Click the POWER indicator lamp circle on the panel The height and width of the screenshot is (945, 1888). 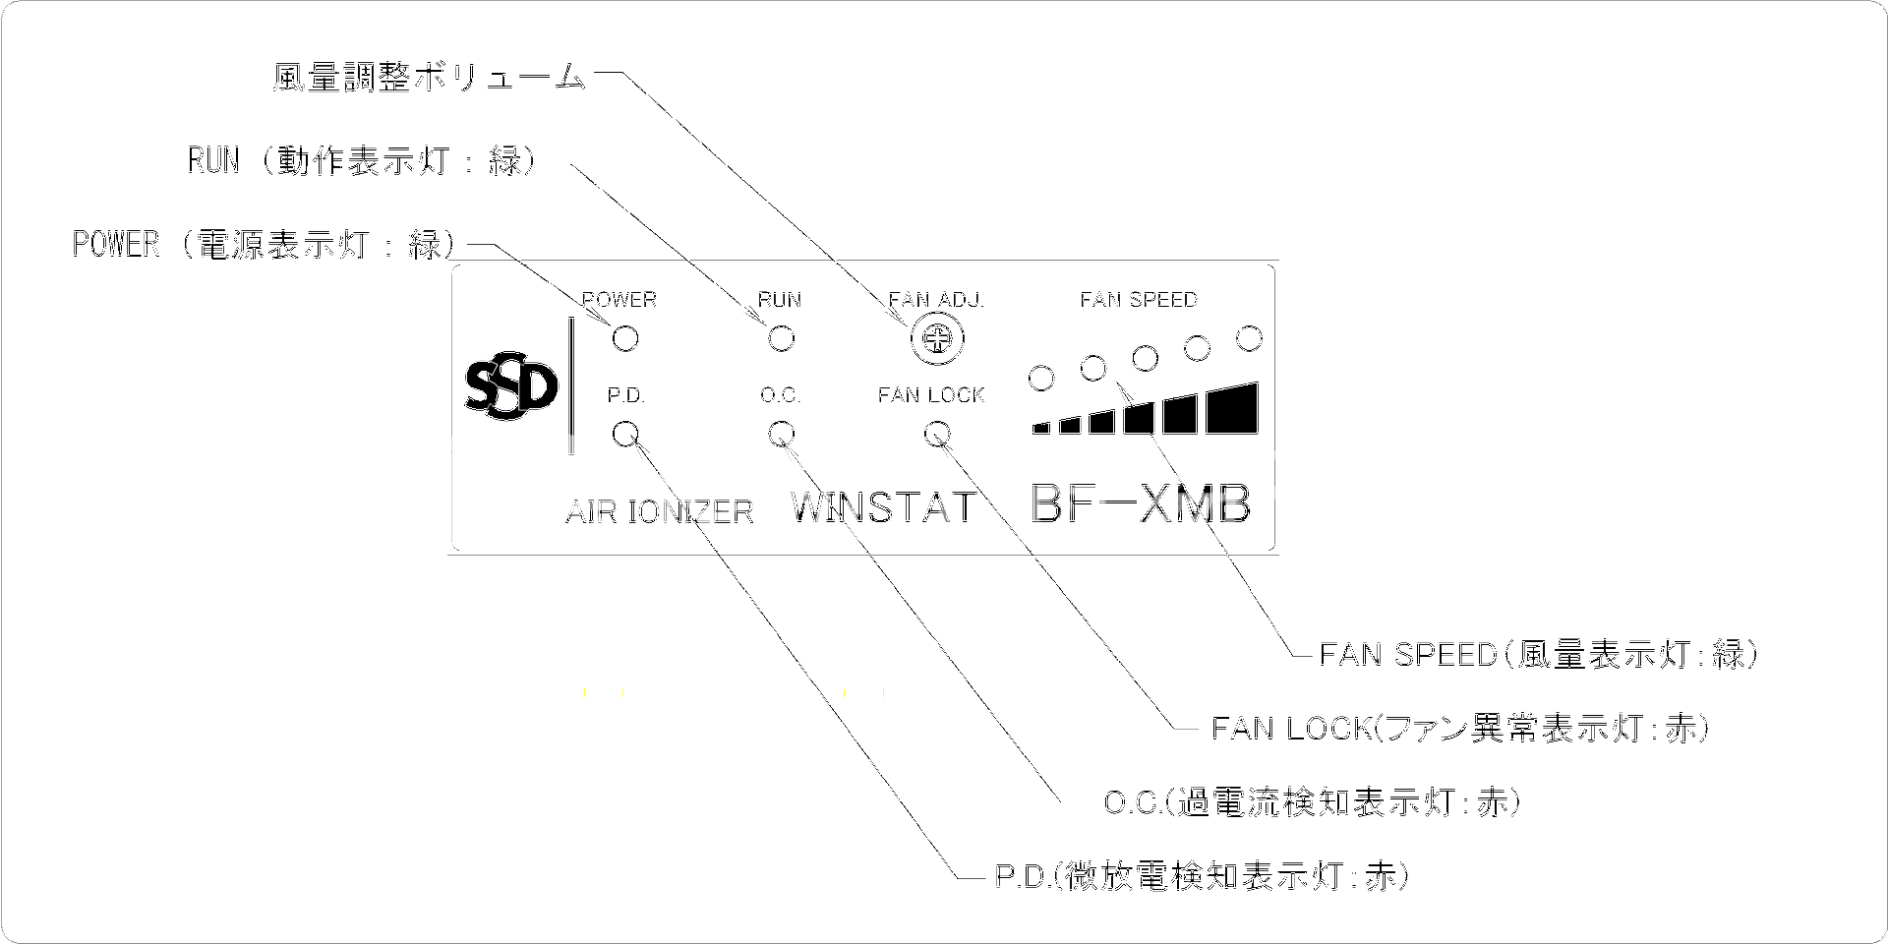click(625, 339)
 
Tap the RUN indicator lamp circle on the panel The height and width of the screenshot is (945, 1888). click(781, 339)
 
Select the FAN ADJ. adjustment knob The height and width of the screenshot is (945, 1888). click(937, 340)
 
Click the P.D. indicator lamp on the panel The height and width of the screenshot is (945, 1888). click(625, 434)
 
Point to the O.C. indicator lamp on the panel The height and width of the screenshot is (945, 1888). click(781, 434)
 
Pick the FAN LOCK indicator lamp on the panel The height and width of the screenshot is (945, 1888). click(937, 434)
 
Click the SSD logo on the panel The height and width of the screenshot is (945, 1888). click(510, 389)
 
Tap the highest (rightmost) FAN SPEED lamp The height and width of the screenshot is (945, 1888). click(1249, 339)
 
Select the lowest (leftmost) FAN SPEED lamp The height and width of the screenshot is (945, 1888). click(1041, 377)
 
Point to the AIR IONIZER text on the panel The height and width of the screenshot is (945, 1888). click(660, 511)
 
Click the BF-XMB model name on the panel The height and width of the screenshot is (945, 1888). click(1141, 504)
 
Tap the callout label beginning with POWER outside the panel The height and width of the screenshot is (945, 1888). click(262, 244)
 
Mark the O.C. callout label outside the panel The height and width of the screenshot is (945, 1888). click(1312, 802)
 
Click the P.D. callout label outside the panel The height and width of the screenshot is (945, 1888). click(1201, 876)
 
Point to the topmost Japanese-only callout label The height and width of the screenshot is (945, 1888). click(429, 79)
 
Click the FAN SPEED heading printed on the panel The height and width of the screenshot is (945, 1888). click(1139, 299)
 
